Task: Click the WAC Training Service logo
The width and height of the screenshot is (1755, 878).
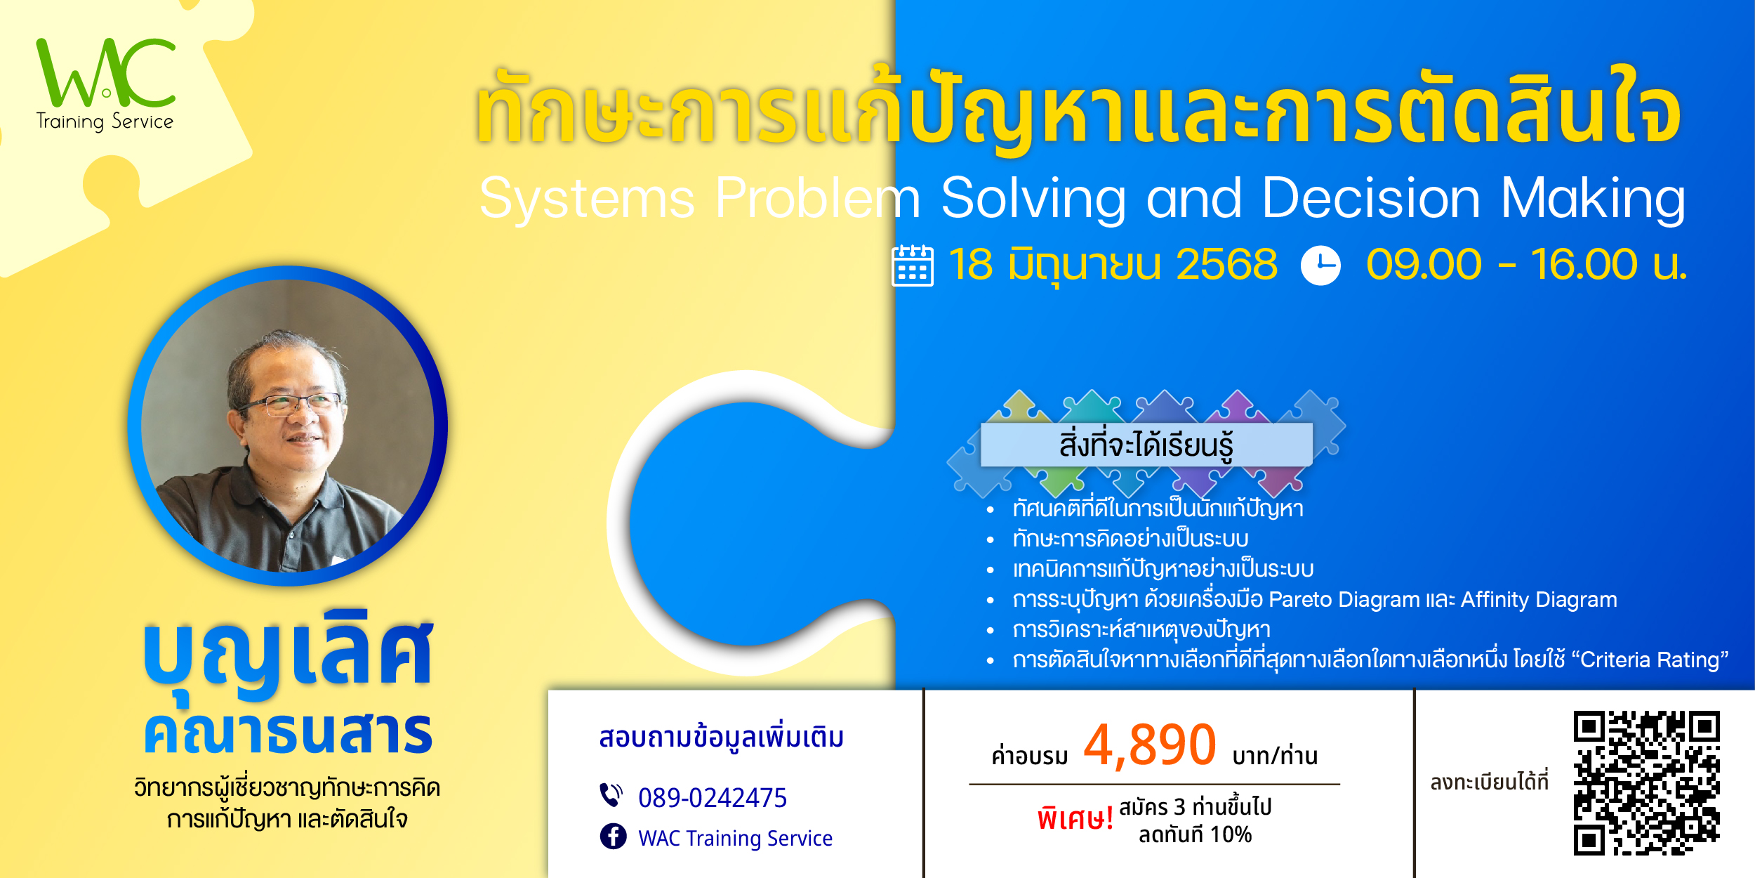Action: point(105,84)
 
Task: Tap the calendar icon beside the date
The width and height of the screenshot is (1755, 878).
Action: point(913,266)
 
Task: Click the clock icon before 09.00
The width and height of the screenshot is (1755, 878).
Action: point(1320,266)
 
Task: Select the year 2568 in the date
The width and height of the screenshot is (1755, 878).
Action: point(1226,265)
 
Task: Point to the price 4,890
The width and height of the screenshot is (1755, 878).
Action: point(1150,745)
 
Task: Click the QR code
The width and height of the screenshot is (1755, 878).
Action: point(1646,783)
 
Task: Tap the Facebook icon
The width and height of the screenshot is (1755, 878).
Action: point(614,837)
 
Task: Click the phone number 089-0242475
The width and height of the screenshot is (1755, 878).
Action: point(713,798)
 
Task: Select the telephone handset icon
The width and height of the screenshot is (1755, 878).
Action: point(611,795)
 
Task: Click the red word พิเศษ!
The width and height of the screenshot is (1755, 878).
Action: point(1075,819)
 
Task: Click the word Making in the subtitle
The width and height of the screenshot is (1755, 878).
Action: point(1593,200)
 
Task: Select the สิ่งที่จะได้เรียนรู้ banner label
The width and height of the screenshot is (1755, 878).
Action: point(1146,445)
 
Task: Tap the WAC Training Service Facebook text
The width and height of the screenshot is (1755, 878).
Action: point(735,838)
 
